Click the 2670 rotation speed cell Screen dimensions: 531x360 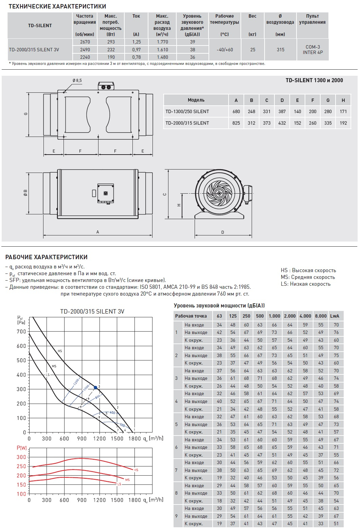[85, 42]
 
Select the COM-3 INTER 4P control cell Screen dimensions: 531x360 [312, 50]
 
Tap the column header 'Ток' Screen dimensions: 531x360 [136, 16]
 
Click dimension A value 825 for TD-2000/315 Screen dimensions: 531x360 [236, 123]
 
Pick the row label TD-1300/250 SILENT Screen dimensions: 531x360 [187, 111]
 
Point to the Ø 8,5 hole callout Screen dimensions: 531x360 [77, 81]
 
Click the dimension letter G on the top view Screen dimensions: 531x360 [26, 114]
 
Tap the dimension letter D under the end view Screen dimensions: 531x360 [223, 232]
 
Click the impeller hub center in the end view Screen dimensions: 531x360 [219, 193]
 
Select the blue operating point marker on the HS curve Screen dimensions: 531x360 [95, 387]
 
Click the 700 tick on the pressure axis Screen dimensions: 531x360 [21, 332]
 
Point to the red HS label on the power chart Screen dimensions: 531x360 [136, 470]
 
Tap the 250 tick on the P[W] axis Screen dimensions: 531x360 [21, 466]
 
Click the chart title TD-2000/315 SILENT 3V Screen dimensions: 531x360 [92, 312]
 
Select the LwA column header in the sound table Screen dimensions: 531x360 [335, 316]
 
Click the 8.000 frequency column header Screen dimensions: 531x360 [321, 316]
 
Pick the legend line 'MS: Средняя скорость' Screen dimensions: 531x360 [308, 277]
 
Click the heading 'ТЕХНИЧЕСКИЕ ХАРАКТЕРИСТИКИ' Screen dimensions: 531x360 [57, 6]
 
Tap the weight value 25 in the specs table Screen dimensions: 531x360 [253, 50]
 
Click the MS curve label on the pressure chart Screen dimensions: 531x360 [54, 366]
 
